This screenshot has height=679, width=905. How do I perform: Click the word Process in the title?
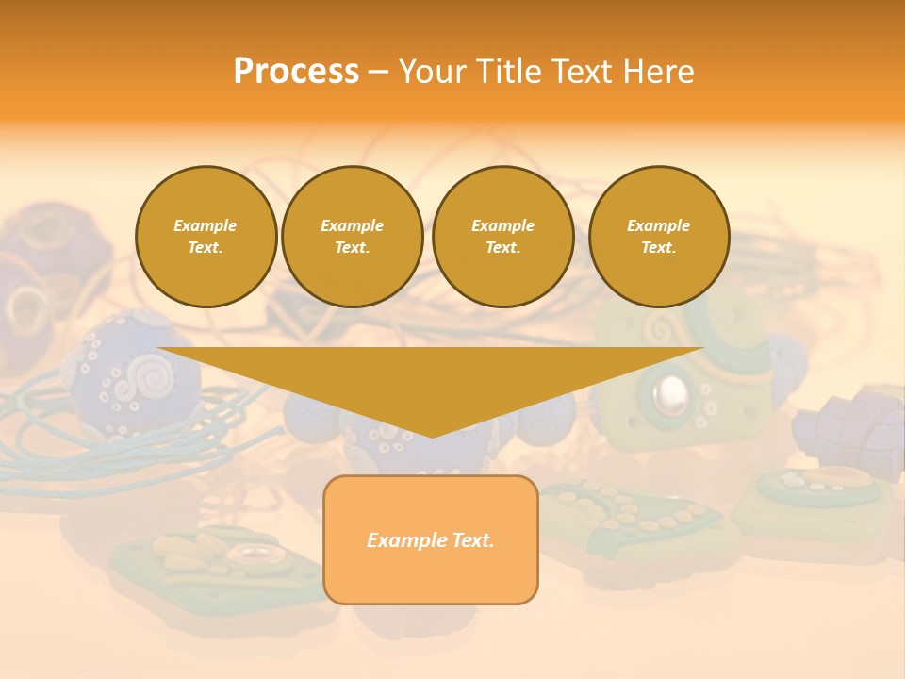(x=296, y=72)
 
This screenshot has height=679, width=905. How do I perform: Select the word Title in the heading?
(x=508, y=72)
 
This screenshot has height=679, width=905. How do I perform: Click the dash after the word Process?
(x=378, y=73)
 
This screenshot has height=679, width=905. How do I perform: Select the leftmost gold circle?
(x=206, y=237)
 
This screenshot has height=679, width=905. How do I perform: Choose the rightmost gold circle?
(x=659, y=237)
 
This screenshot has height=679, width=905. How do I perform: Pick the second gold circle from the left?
(x=352, y=237)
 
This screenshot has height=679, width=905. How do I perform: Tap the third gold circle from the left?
(x=502, y=237)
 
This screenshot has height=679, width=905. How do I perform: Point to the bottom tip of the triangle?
(x=432, y=435)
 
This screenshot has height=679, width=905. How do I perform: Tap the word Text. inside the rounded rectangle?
(x=472, y=540)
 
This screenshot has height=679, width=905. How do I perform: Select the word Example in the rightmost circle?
(x=658, y=225)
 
